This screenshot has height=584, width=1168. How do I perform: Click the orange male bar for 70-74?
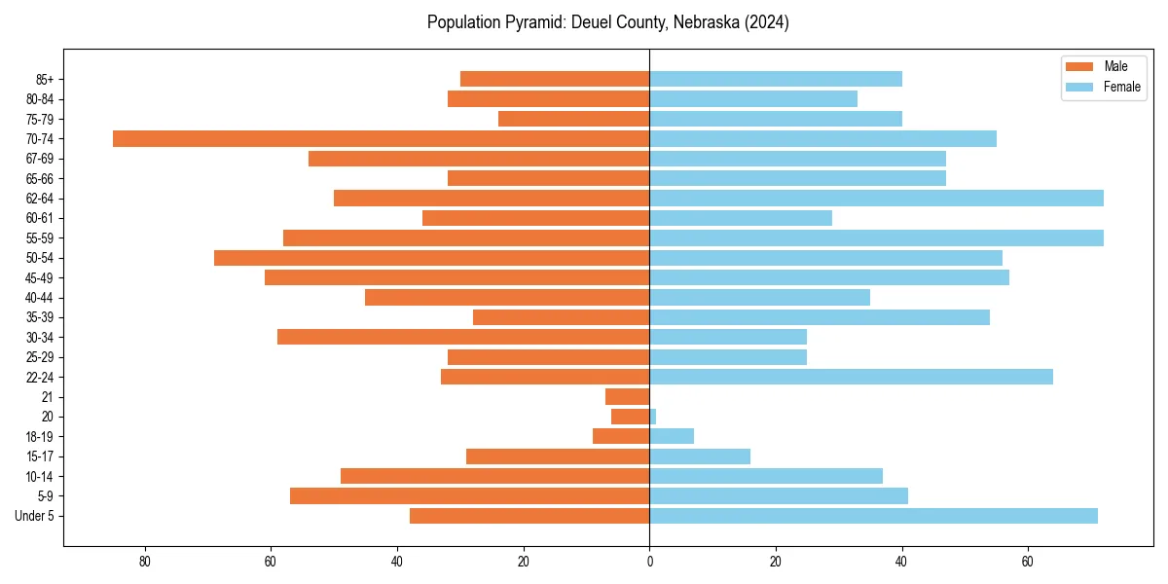(381, 138)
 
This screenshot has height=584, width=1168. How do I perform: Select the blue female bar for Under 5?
(873, 516)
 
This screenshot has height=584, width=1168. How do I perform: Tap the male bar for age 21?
(627, 397)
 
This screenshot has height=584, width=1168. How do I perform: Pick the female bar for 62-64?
(876, 199)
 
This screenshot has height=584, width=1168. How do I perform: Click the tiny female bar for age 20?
(653, 417)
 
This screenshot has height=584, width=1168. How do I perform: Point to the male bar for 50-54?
(431, 258)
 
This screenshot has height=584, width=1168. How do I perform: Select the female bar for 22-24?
(851, 377)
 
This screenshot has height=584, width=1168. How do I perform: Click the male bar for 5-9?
(469, 496)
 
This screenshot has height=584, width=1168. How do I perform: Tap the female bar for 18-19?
(672, 436)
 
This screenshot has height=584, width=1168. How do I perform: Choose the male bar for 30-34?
(463, 337)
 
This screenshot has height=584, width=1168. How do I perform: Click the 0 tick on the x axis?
(649, 562)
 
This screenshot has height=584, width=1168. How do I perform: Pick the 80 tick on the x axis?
(145, 562)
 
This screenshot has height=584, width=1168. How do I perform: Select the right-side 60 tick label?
(1028, 562)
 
